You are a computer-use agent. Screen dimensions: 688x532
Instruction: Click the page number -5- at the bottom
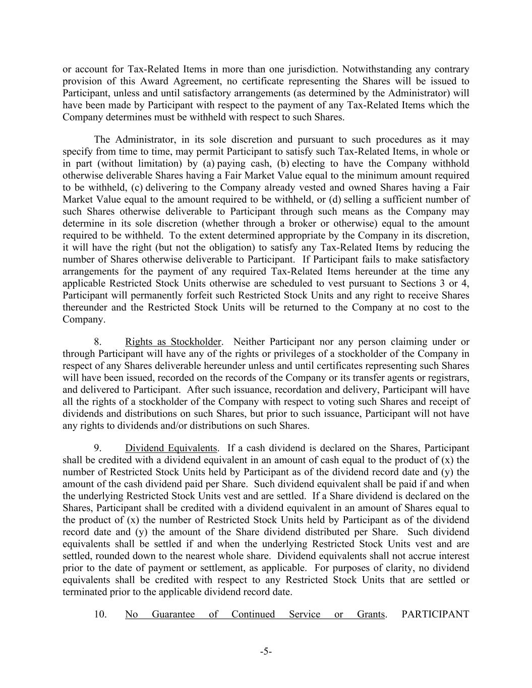click(266, 652)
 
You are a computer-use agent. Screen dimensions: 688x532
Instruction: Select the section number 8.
click(99, 342)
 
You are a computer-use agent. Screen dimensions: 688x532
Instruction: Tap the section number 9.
click(99, 448)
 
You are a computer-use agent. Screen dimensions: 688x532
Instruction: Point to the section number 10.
click(100, 614)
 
